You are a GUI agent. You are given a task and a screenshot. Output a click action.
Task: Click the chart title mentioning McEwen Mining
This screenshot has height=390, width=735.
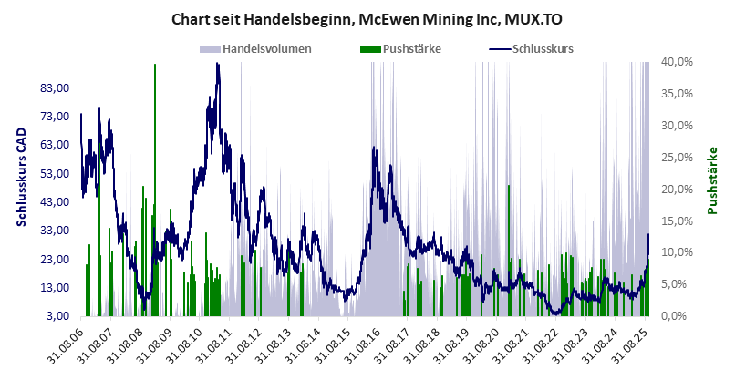pos(367,17)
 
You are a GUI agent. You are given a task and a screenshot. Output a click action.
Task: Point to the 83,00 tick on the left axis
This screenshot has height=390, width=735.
pos(56,88)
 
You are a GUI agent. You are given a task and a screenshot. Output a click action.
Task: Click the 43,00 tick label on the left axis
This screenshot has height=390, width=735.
pos(56,202)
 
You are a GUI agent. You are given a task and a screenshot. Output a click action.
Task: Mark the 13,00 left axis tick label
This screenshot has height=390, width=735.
pos(56,288)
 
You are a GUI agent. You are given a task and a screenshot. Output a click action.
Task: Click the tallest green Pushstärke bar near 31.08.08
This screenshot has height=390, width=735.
pos(155,182)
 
